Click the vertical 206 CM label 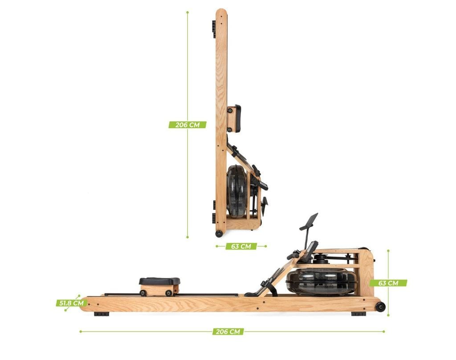[x=187, y=125]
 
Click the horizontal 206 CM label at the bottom [x=228, y=332]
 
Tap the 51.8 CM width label [x=72, y=303]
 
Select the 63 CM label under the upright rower [x=241, y=247]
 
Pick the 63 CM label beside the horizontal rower [x=388, y=283]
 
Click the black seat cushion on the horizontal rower [x=159, y=281]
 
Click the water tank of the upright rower [x=237, y=191]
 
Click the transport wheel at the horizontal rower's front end [x=380, y=307]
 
